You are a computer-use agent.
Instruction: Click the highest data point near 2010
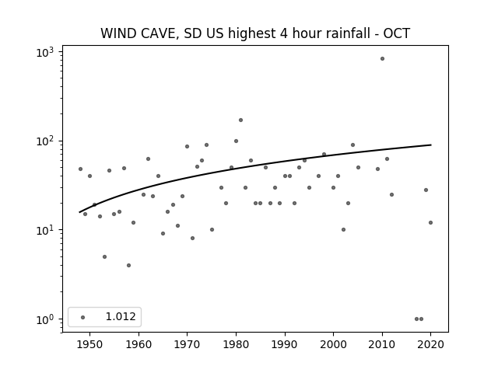tap(382, 59)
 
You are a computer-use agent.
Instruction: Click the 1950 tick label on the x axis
tap(89, 345)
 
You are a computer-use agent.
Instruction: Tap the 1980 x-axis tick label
tap(236, 345)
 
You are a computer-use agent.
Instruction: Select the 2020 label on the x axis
tap(430, 345)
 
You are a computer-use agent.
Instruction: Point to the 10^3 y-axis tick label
tap(45, 52)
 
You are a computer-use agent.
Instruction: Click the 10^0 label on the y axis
tap(45, 319)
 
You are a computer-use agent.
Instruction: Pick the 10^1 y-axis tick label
tap(45, 231)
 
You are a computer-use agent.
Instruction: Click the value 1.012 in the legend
tap(121, 316)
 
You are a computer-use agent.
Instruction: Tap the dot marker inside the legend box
tap(83, 317)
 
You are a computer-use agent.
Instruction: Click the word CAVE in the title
tap(158, 33)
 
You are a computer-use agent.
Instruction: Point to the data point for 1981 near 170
tap(240, 120)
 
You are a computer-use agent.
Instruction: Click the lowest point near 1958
tap(128, 266)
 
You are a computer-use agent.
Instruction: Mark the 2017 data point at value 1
tap(416, 319)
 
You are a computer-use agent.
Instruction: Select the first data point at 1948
tap(80, 169)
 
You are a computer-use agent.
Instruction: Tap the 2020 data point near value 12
tap(430, 223)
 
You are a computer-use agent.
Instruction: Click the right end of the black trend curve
tap(431, 145)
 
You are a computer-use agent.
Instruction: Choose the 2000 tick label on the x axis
tap(333, 345)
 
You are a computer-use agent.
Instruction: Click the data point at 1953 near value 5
tap(104, 257)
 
